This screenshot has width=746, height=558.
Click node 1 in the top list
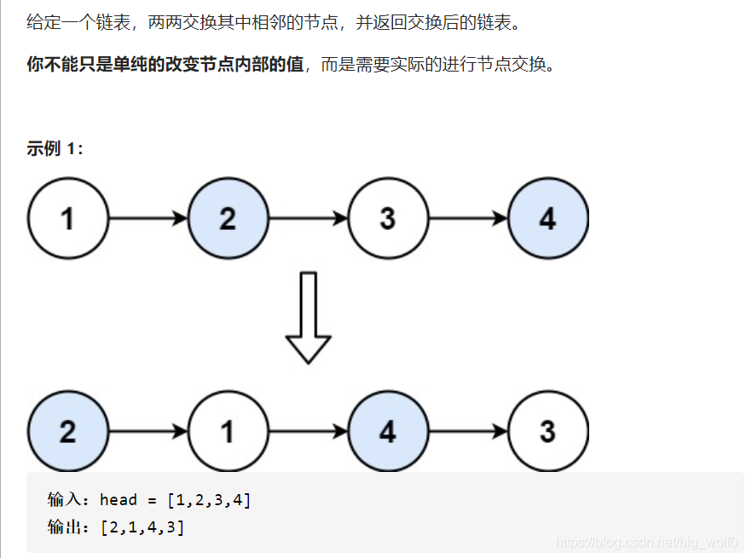tap(68, 219)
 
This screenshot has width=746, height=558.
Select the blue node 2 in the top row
tap(228, 219)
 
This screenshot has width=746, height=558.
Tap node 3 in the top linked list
tap(387, 219)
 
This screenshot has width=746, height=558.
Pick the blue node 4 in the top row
tap(547, 219)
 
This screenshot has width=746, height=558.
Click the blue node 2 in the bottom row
tap(68, 431)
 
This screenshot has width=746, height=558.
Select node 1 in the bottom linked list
tap(228, 431)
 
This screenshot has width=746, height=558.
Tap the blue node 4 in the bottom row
tap(387, 431)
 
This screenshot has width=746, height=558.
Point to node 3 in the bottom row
tap(547, 431)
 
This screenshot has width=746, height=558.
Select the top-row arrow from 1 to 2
tap(148, 219)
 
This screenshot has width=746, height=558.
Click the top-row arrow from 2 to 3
tap(308, 219)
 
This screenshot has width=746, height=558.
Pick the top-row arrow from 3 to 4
tap(468, 219)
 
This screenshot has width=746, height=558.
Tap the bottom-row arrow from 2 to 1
tap(148, 431)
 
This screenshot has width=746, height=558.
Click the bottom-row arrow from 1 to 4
tap(308, 431)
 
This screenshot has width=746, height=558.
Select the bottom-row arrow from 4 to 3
tap(468, 431)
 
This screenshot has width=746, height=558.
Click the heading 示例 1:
tap(55, 149)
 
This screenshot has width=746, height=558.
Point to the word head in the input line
tap(119, 500)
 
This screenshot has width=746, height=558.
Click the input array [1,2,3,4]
tap(209, 500)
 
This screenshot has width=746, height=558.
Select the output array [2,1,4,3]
tap(142, 527)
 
